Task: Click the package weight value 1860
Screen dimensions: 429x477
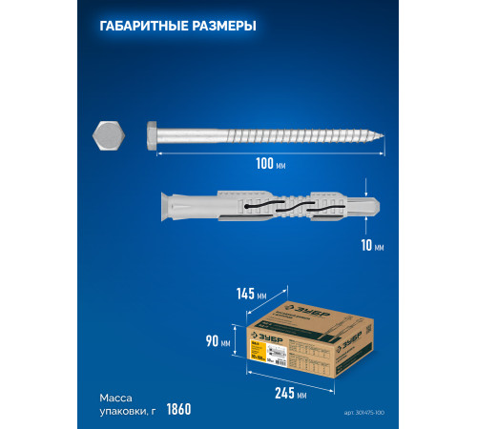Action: coord(178,410)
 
